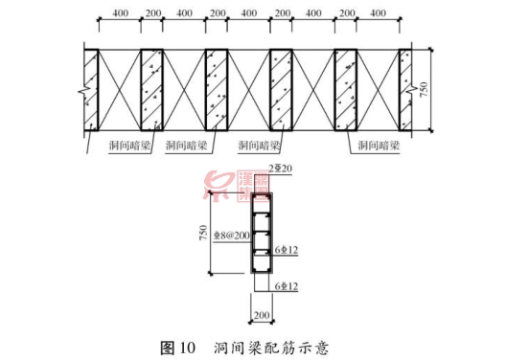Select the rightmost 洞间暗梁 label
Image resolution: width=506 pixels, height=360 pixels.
pos(377,146)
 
